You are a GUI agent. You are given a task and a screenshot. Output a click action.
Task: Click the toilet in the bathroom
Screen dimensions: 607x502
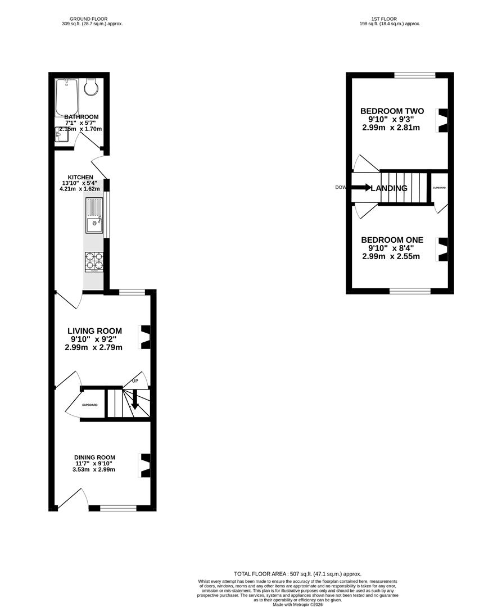pos(91,87)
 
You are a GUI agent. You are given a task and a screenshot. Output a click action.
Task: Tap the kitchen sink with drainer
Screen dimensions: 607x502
pos(94,215)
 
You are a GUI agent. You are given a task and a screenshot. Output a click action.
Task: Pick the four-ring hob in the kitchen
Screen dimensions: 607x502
pos(94,262)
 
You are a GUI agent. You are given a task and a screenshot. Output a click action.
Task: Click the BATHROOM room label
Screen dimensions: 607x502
pos(81,117)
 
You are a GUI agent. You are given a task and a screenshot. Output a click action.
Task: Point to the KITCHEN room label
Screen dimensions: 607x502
pos(80,177)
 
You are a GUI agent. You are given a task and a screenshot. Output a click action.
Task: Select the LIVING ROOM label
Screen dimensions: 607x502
pos(94,330)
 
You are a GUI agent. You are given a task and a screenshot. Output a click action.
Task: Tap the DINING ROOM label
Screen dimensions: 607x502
pos(95,457)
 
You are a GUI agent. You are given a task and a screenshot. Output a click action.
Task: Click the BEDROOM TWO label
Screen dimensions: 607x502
pos(392,111)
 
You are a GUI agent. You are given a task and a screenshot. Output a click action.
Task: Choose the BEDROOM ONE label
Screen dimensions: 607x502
pos(392,240)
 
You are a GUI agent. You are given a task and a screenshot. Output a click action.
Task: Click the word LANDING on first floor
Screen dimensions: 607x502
pos(389,188)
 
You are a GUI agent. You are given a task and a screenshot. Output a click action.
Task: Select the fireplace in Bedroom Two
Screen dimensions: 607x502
pos(443,120)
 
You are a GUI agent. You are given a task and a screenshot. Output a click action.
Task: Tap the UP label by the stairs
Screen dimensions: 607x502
pos(135,381)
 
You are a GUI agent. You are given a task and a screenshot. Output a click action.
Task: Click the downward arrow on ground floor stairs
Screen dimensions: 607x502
pos(135,400)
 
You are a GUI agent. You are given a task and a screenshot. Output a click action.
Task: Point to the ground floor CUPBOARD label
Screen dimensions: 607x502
pos(90,405)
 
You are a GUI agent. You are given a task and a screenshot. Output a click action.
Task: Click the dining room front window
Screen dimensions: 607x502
pos(118,508)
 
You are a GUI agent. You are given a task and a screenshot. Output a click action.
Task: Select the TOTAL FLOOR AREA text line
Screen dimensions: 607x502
pos(298,574)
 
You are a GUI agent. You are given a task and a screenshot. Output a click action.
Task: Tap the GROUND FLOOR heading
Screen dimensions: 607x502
pos(93,19)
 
